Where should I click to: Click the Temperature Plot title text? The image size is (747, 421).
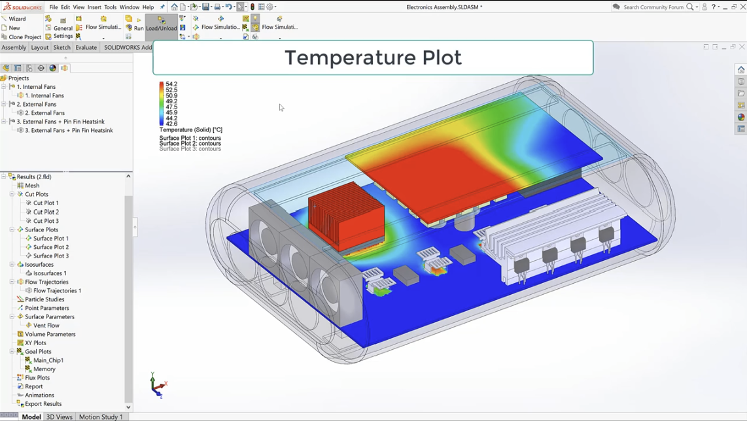coord(373,58)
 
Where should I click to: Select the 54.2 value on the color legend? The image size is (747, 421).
coord(171,84)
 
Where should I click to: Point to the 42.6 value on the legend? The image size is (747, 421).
coord(171,124)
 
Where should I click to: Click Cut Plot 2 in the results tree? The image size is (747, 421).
coord(46,212)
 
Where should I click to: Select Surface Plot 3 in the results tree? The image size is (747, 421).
coord(50,256)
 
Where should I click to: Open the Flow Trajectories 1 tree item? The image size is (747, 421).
coord(57,290)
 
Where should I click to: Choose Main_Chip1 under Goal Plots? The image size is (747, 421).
coord(48,360)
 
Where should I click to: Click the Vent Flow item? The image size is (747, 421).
coord(46,326)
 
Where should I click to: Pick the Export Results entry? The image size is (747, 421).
coord(43,404)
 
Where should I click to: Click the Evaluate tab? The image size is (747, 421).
coord(86,48)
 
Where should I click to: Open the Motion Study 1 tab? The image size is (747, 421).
coord(101,416)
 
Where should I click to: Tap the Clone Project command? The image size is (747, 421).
coord(25,37)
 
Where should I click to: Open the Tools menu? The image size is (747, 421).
coord(110,7)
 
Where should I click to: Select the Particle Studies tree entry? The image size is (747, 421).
coord(44,299)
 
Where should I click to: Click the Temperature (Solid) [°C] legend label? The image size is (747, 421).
coord(190,130)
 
